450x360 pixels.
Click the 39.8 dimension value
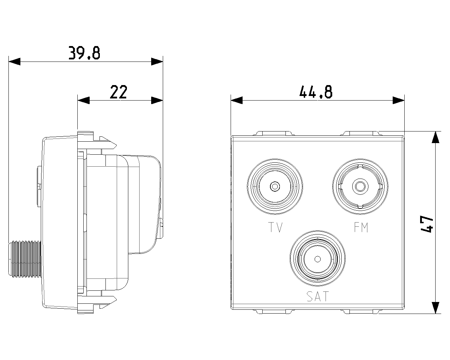point(84,53)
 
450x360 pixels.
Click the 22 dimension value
point(118,92)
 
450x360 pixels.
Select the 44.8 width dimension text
point(316,92)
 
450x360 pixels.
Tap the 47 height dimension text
point(426,224)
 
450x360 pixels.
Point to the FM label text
point(361,228)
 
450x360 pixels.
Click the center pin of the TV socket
point(275,186)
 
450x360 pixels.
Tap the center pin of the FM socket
point(360,186)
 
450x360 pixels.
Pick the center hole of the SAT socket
point(317,259)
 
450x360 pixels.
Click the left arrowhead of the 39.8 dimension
point(14,62)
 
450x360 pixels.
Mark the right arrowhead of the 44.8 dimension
point(399,100)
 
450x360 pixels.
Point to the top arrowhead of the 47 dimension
point(436,137)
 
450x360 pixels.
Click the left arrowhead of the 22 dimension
point(84,100)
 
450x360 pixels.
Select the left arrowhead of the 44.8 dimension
point(237,100)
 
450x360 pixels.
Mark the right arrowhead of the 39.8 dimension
point(157,62)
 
